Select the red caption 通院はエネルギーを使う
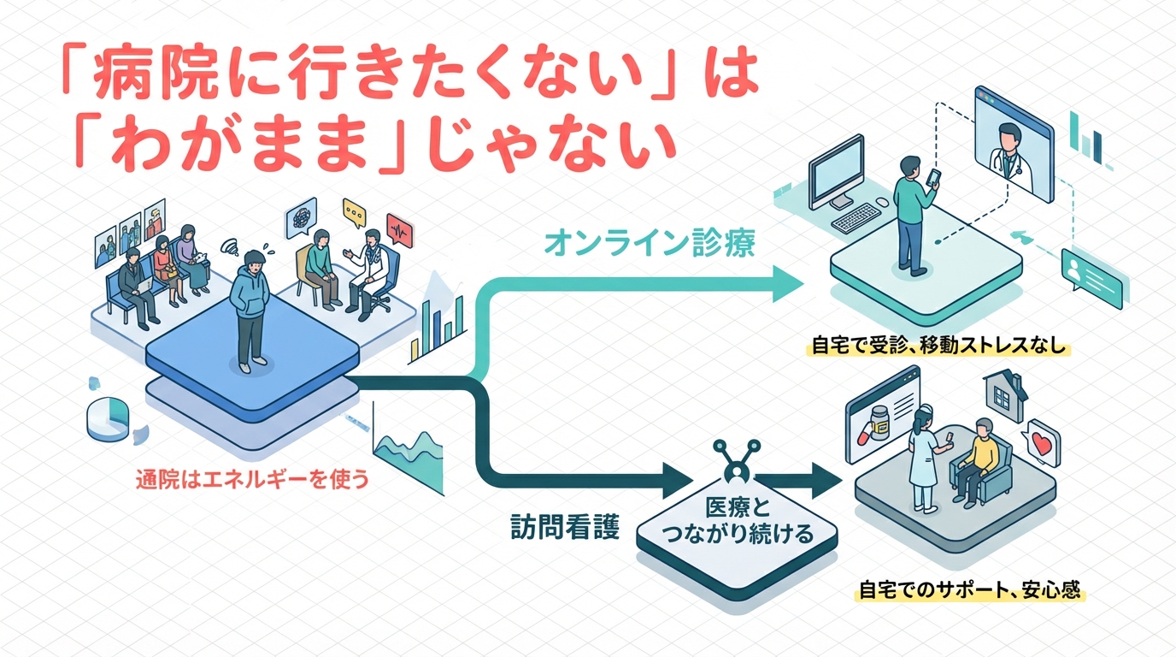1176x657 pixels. click(x=252, y=480)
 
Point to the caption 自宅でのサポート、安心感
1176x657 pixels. click(x=970, y=590)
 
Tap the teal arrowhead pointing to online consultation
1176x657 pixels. click(x=783, y=282)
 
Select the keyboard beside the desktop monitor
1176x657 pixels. click(x=860, y=219)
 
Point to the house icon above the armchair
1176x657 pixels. click(x=1005, y=392)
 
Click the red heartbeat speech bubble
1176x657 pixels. click(x=399, y=230)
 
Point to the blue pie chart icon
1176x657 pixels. click(x=109, y=418)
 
